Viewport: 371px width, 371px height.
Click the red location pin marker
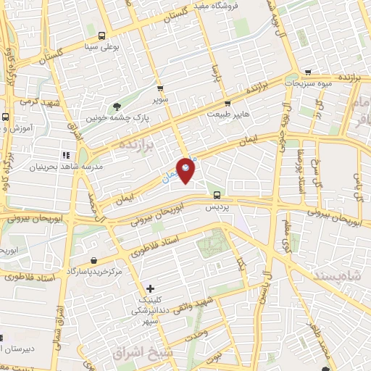coord(186,170)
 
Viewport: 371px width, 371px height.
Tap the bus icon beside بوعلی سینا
coord(101,36)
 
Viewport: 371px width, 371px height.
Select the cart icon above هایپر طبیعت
coord(227,103)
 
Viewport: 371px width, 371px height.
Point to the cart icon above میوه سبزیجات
coord(309,72)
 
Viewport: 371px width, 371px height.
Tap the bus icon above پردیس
coord(217,194)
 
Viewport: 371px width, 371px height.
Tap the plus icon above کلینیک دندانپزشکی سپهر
coord(150,288)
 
